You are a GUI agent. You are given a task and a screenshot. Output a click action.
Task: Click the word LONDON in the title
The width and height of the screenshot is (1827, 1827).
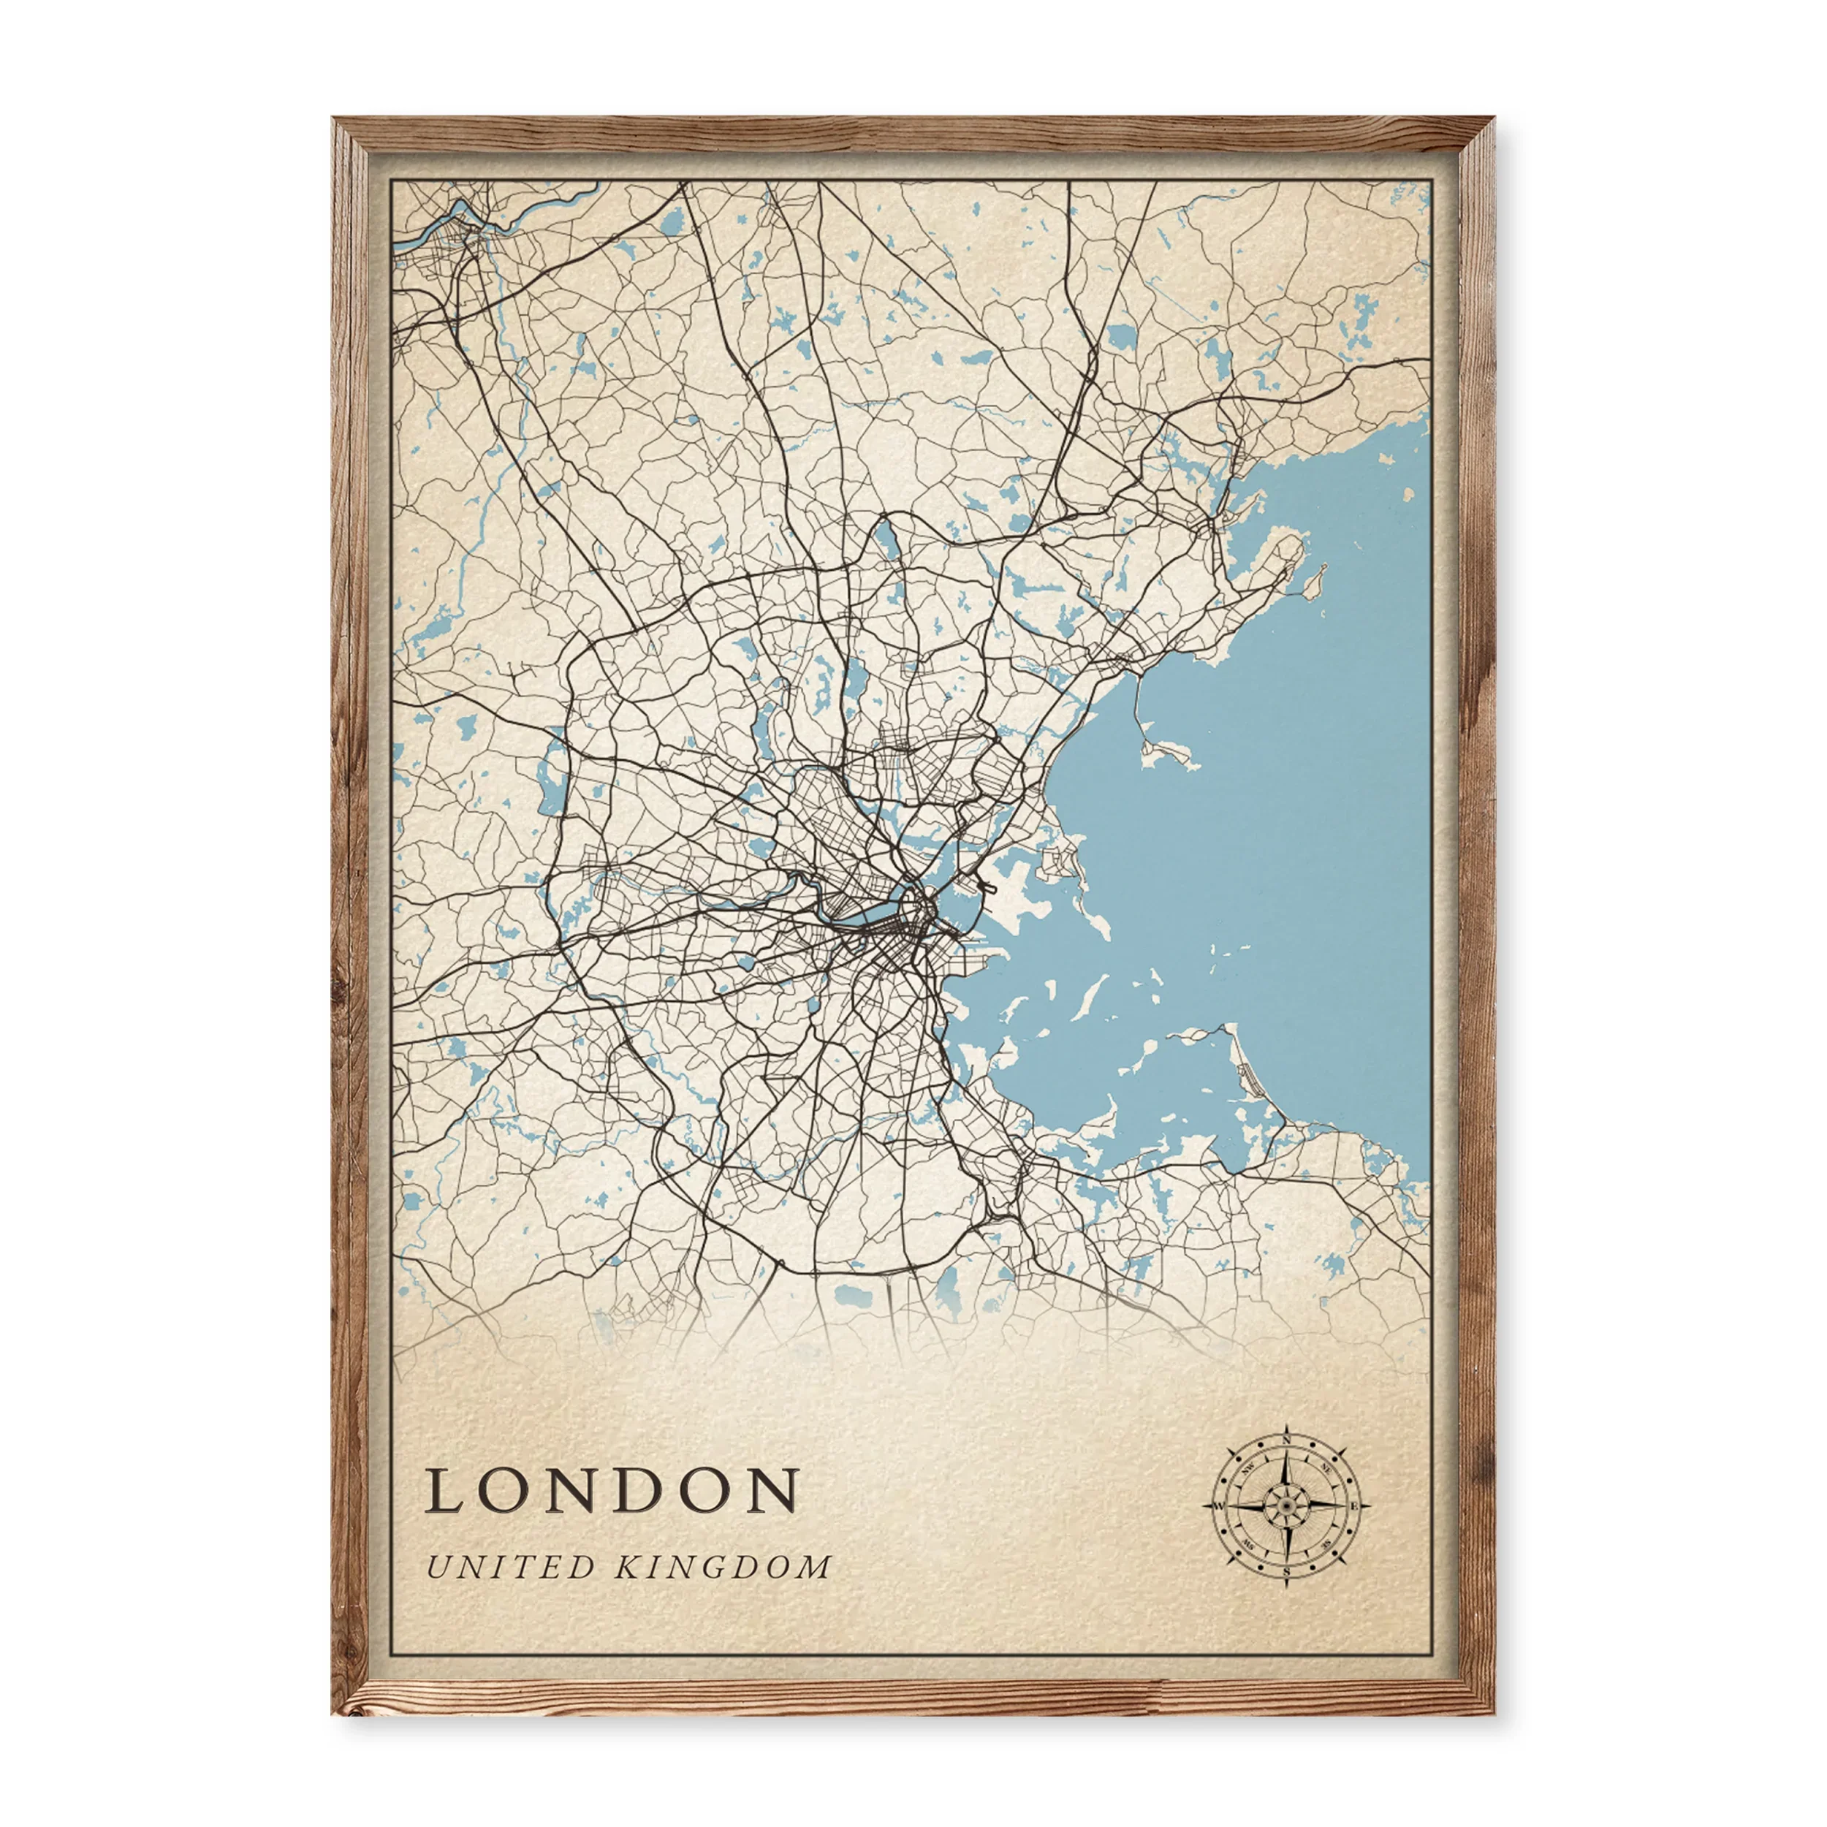612,1492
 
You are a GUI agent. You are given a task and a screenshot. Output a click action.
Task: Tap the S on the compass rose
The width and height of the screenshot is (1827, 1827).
1286,1573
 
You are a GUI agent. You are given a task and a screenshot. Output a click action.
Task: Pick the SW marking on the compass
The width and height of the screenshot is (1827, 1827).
1248,1544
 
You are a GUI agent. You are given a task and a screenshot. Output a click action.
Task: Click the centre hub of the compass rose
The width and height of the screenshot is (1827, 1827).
1286,1505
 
